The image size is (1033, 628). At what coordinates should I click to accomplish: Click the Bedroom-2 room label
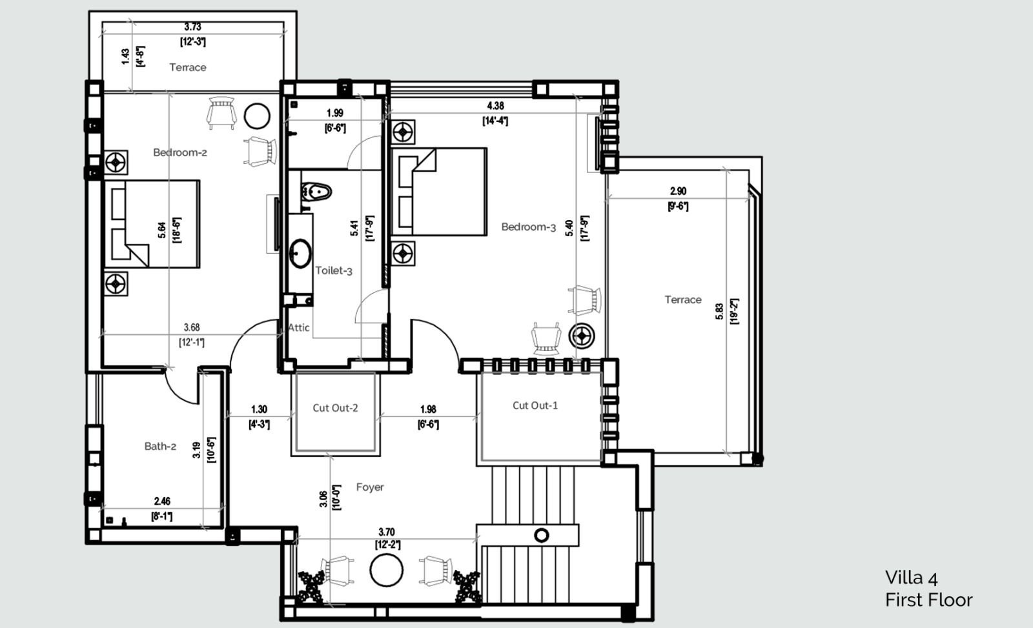(x=180, y=152)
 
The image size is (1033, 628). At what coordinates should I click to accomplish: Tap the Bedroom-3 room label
(x=529, y=227)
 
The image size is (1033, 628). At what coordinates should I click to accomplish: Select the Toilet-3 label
(x=333, y=270)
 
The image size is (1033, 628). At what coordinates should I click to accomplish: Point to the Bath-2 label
(x=160, y=447)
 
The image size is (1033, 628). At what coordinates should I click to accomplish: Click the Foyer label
(x=370, y=487)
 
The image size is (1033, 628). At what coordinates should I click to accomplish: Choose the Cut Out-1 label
(x=535, y=406)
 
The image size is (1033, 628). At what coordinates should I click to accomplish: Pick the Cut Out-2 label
(x=335, y=408)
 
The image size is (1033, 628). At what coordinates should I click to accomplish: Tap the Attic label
(x=299, y=328)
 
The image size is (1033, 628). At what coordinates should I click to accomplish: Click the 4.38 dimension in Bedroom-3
(x=495, y=106)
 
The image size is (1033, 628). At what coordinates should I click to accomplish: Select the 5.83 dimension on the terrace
(x=719, y=312)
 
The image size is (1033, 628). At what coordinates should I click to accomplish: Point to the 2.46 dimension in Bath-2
(x=162, y=501)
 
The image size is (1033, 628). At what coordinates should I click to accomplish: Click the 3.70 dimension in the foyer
(x=387, y=532)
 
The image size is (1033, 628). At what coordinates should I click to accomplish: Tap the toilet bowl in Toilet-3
(x=317, y=191)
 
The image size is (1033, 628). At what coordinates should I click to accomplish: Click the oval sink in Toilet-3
(x=300, y=253)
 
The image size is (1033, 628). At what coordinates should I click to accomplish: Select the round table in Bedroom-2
(x=257, y=116)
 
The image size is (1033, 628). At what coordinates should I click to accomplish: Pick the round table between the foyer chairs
(x=387, y=571)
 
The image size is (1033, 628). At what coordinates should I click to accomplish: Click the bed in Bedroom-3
(x=438, y=192)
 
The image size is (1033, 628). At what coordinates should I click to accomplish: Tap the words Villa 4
(x=911, y=578)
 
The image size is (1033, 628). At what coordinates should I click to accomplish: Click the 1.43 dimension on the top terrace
(x=125, y=57)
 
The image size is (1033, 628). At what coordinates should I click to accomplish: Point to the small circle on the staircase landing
(x=542, y=535)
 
